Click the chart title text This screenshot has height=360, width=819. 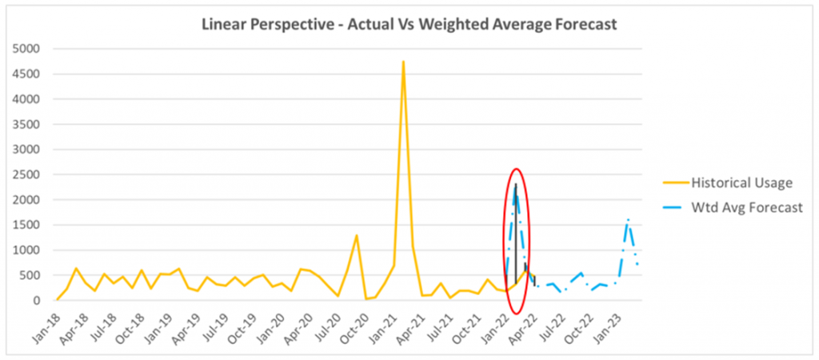pyautogui.click(x=409, y=25)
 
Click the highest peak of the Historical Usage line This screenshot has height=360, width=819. pyautogui.click(x=403, y=62)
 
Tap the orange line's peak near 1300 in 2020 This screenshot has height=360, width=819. pyautogui.click(x=356, y=235)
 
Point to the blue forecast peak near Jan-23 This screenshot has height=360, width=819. pyautogui.click(x=628, y=218)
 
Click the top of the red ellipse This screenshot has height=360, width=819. pyautogui.click(x=517, y=169)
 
